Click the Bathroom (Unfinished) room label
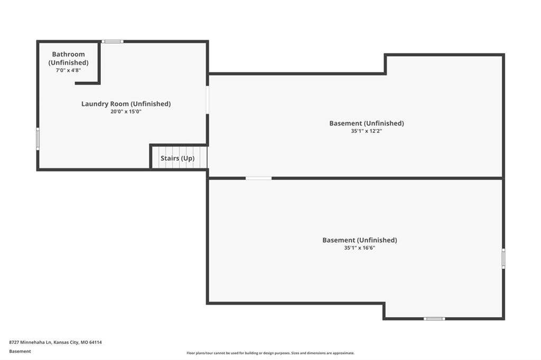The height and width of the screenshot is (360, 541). (x=68, y=58)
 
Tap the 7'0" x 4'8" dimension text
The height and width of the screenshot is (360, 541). (x=68, y=70)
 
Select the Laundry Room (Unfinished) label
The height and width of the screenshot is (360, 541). (x=126, y=104)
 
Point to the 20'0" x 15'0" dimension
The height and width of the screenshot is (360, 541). (x=126, y=112)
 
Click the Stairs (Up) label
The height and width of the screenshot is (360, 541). (x=178, y=158)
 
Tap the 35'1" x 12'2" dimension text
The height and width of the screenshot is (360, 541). (x=367, y=131)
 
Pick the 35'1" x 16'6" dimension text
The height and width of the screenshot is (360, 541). (x=359, y=248)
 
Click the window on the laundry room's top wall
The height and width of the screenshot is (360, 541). (x=113, y=42)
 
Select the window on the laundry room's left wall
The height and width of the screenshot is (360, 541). (x=38, y=139)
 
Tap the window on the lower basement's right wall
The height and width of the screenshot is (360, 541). (x=503, y=259)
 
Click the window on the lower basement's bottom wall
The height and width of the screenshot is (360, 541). (x=434, y=319)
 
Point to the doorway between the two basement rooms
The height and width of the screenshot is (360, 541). (x=259, y=178)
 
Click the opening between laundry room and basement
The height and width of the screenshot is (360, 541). (x=207, y=100)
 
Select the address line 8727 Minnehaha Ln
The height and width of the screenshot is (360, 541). (x=31, y=343)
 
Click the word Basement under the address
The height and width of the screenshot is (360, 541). (x=20, y=352)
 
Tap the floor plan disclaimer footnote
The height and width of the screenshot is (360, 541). (x=270, y=353)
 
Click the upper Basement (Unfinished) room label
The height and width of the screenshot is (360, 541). (x=367, y=124)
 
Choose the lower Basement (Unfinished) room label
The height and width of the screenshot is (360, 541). (x=359, y=240)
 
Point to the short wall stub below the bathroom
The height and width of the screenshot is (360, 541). (x=88, y=83)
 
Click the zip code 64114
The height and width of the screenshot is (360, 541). (x=96, y=343)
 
